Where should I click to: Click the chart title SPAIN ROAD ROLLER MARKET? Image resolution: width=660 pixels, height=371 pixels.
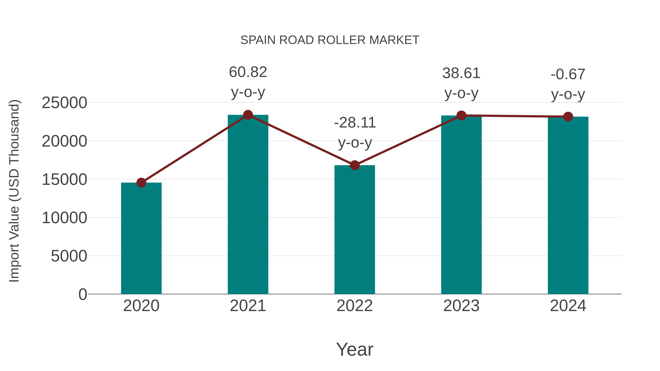[x=330, y=40]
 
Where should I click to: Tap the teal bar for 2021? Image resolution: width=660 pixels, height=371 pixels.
[x=248, y=205]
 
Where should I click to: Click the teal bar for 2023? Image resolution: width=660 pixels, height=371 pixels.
[x=461, y=205]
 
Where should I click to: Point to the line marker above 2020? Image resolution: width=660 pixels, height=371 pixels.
[x=141, y=182]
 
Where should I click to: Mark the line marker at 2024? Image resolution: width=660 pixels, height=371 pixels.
[x=568, y=117]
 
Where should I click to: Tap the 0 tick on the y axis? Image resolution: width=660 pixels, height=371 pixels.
[x=83, y=294]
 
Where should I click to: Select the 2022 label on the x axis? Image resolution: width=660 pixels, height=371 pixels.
[x=355, y=306]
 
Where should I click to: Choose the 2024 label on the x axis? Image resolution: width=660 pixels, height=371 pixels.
[x=568, y=306]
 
